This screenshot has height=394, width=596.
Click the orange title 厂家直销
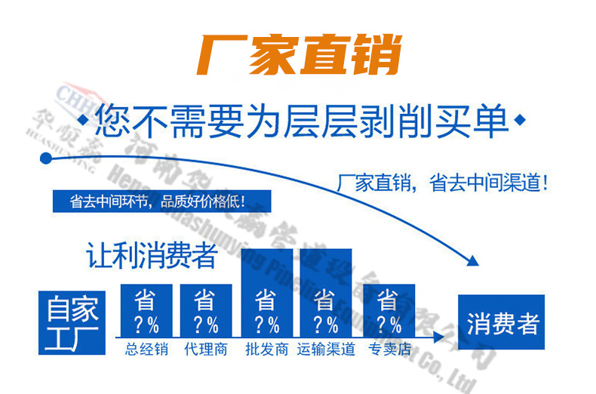click(297, 54)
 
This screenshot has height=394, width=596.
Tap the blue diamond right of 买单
click(520, 120)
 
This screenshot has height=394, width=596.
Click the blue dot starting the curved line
click(46, 159)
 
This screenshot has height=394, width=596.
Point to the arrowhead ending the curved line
click(472, 261)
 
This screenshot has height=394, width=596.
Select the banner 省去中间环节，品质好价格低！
click(161, 202)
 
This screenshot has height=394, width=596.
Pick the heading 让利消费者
click(152, 256)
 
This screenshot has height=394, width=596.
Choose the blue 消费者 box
click(503, 325)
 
